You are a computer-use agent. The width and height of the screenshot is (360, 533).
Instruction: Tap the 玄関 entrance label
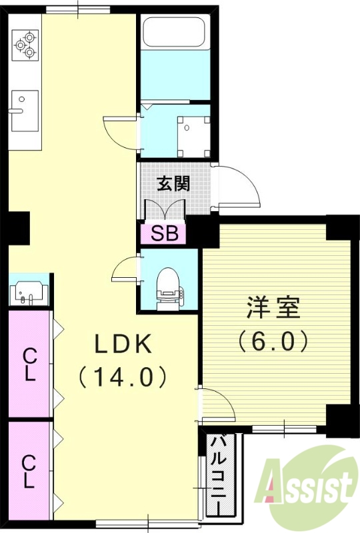pos(173,184)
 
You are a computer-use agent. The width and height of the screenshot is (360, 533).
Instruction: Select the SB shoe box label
pos(163,233)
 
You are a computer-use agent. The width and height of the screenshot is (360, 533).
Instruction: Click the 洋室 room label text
pos(274,308)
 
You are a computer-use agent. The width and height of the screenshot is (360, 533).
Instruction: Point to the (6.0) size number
pos(274,341)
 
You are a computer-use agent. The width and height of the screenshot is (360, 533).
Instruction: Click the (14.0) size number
pos(123,377)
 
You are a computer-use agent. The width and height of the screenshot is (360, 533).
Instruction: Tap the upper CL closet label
pos(29,364)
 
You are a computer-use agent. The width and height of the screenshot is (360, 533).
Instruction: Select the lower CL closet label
pos(29,471)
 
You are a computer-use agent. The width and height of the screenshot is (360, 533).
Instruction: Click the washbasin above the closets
pos(29,292)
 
